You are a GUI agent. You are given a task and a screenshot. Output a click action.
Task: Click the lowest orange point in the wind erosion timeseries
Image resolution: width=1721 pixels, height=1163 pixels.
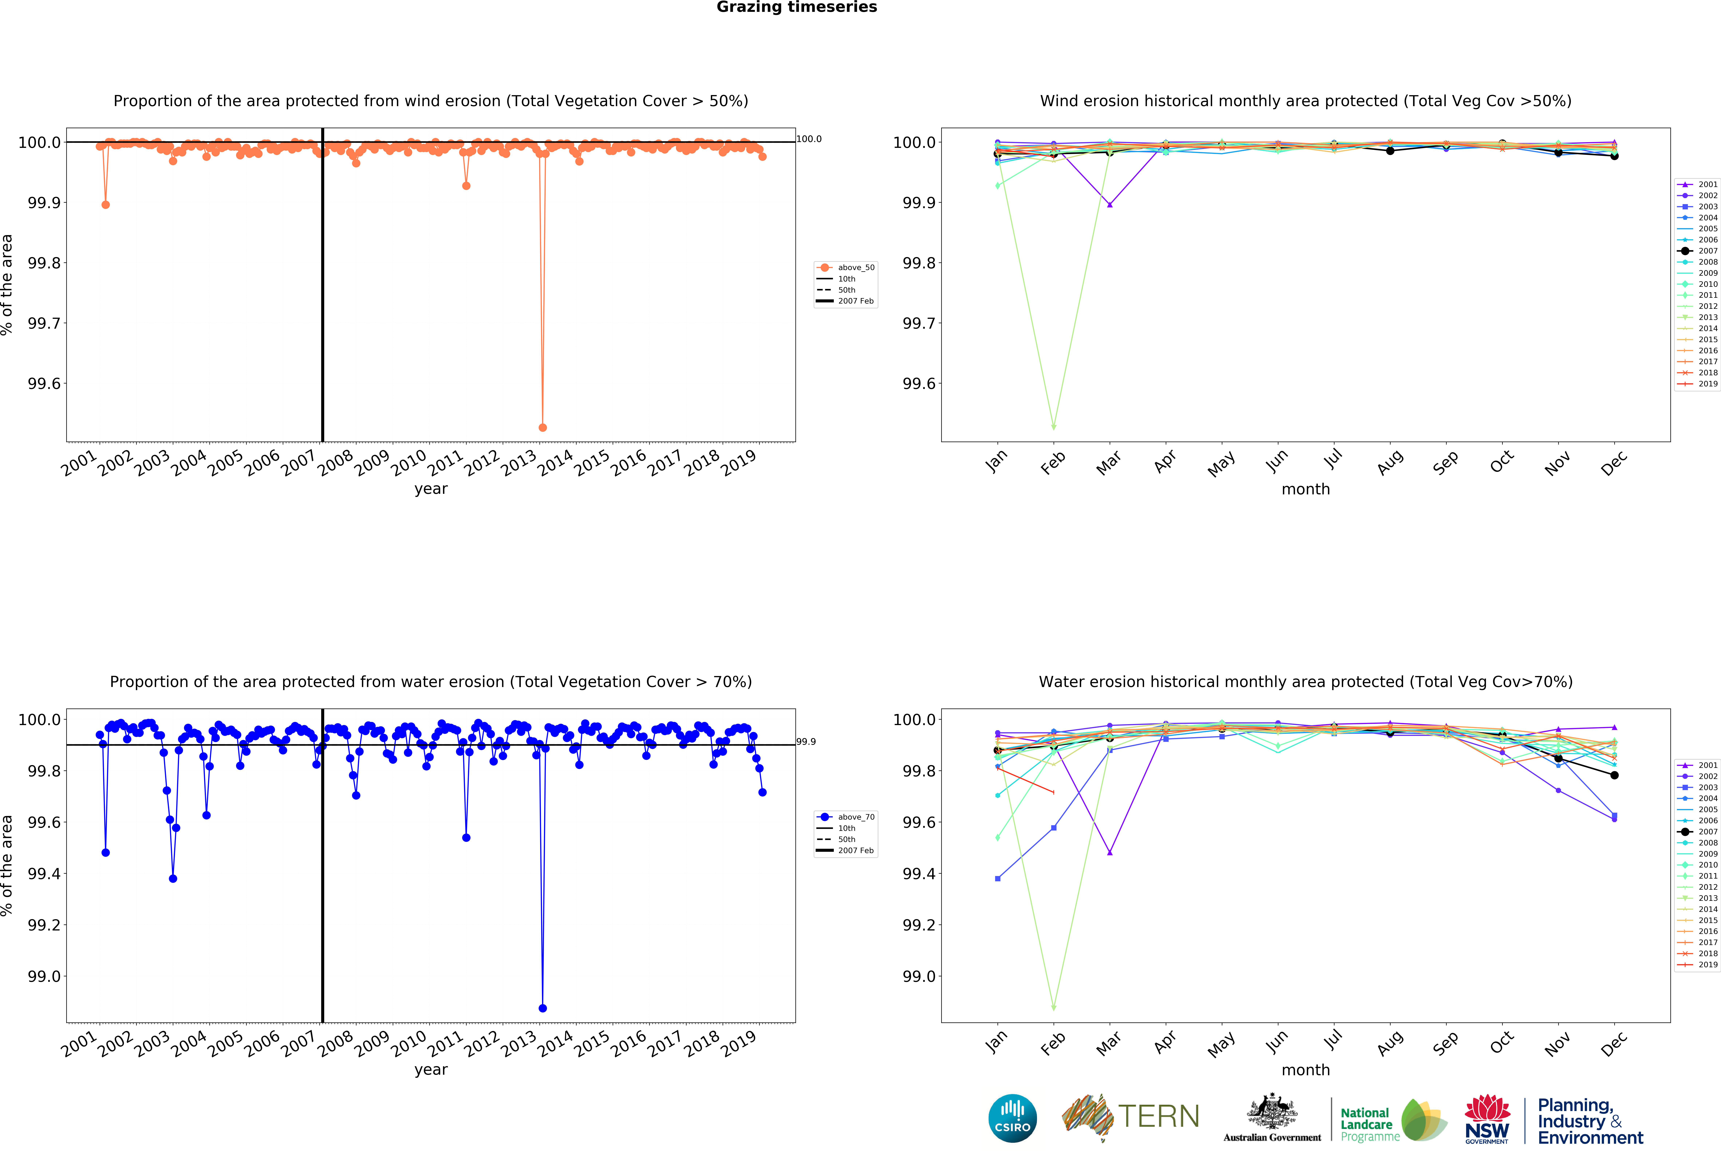[543, 427]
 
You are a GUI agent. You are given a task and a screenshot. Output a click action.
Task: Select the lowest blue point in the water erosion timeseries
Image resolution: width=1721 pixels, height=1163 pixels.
[543, 1008]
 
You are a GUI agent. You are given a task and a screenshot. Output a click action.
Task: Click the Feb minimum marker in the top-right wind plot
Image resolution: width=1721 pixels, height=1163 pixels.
[1054, 427]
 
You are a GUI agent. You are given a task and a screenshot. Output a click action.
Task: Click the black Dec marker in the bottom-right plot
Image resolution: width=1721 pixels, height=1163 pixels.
[1614, 775]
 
